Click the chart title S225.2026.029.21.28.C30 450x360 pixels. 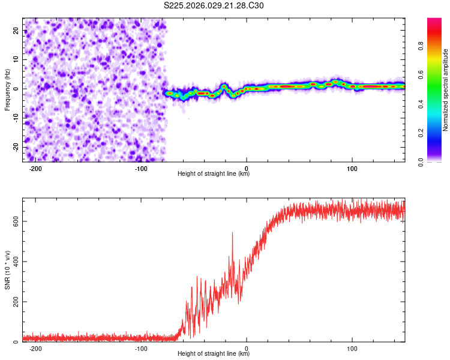click(x=214, y=5)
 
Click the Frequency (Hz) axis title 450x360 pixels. click(x=7, y=89)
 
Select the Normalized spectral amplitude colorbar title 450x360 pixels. click(x=446, y=90)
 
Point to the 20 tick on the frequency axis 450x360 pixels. click(x=16, y=30)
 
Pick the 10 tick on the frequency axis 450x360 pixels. click(x=16, y=59)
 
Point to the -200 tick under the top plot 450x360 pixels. click(x=35, y=169)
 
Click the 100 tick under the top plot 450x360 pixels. click(x=352, y=169)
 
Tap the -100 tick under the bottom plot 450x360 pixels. click(x=141, y=349)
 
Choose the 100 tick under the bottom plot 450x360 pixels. click(x=352, y=349)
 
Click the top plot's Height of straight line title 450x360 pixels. click(x=214, y=175)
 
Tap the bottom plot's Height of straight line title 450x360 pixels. click(x=214, y=354)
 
